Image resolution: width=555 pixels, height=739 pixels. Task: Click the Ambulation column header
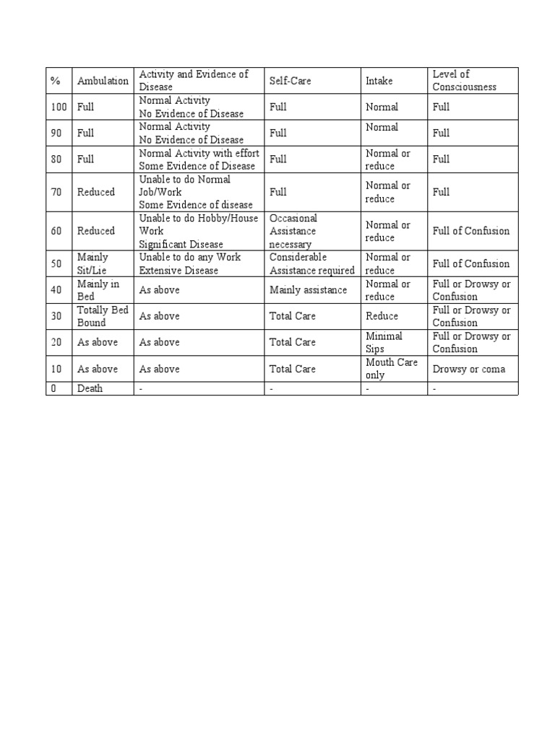103,81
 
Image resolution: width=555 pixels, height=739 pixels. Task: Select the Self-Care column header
291,81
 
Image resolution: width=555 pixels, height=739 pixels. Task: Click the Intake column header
379,81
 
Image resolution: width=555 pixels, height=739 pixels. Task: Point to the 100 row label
59,107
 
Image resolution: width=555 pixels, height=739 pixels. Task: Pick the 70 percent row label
56,192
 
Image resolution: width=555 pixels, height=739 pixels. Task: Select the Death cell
90,388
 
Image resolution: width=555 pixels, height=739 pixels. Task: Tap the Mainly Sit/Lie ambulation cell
93,263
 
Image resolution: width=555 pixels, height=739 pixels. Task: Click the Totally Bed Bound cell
102,316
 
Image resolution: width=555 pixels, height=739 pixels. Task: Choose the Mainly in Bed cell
98,289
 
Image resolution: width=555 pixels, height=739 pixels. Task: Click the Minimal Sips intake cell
384,342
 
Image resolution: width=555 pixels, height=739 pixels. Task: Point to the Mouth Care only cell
392,368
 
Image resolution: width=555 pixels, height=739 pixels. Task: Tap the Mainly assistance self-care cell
309,290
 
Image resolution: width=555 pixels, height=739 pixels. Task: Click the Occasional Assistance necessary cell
293,231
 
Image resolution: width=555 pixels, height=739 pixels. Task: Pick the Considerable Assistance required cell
312,263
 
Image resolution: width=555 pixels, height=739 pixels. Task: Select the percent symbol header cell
56,81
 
